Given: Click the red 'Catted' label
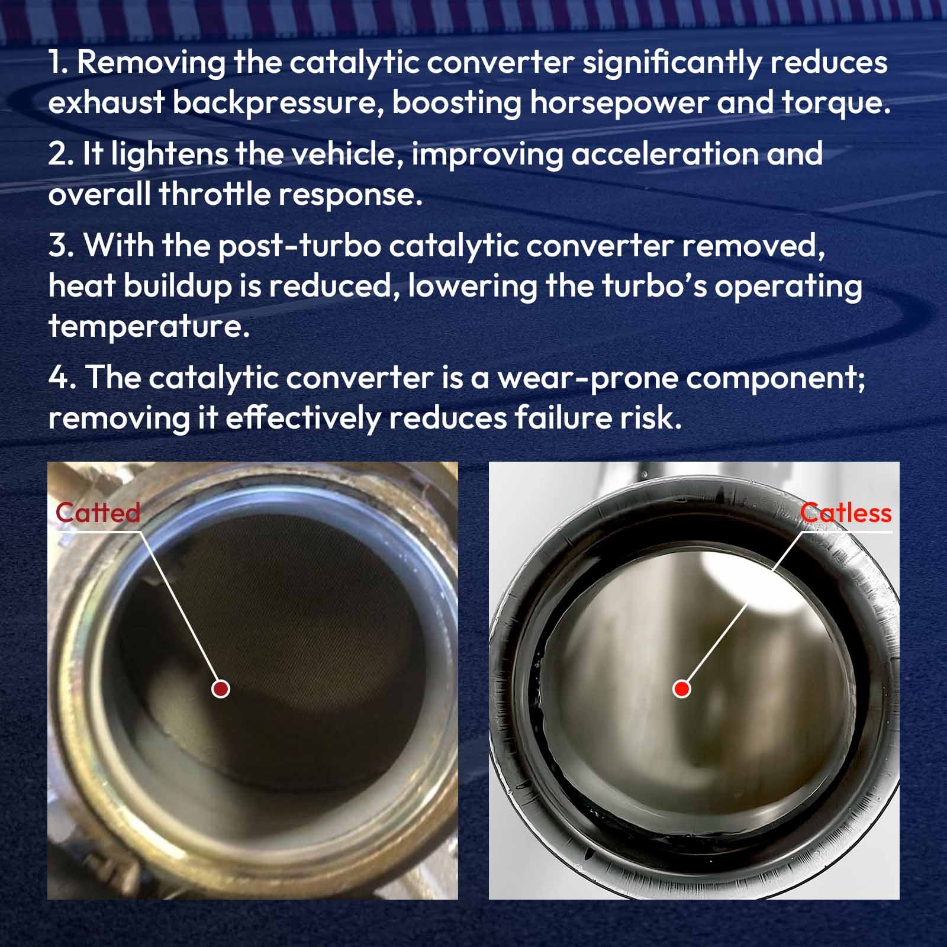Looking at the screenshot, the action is click(98, 513).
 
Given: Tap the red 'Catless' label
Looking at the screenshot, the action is click(845, 513).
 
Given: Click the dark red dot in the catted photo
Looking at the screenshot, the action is click(221, 688).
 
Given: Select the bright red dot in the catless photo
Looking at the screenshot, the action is click(682, 688).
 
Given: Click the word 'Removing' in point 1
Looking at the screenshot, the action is click(151, 63).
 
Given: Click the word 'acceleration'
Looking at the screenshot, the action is click(664, 153).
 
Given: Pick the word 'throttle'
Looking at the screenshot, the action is click(214, 194).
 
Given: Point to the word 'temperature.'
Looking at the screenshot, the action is click(149, 326).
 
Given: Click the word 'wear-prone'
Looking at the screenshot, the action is click(588, 379).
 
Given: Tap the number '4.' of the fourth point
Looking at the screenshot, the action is click(63, 377).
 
